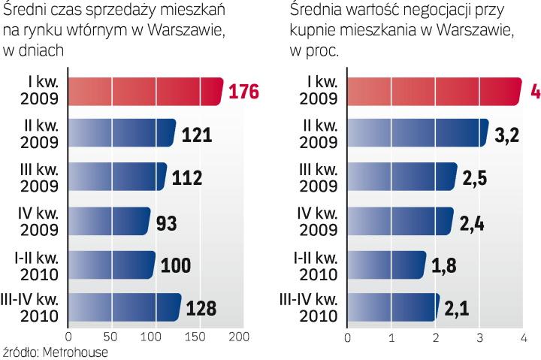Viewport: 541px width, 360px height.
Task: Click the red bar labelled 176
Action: (145, 92)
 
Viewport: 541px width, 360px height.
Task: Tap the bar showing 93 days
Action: (109, 222)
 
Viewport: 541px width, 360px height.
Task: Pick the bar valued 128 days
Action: (124, 307)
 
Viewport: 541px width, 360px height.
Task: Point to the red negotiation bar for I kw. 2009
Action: (434, 92)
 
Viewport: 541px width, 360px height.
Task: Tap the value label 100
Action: (176, 265)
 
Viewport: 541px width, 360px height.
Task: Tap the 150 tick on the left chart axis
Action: (198, 337)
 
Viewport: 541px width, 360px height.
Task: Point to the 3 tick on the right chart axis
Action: (479, 337)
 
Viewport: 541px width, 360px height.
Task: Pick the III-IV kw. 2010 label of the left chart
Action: (35, 307)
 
